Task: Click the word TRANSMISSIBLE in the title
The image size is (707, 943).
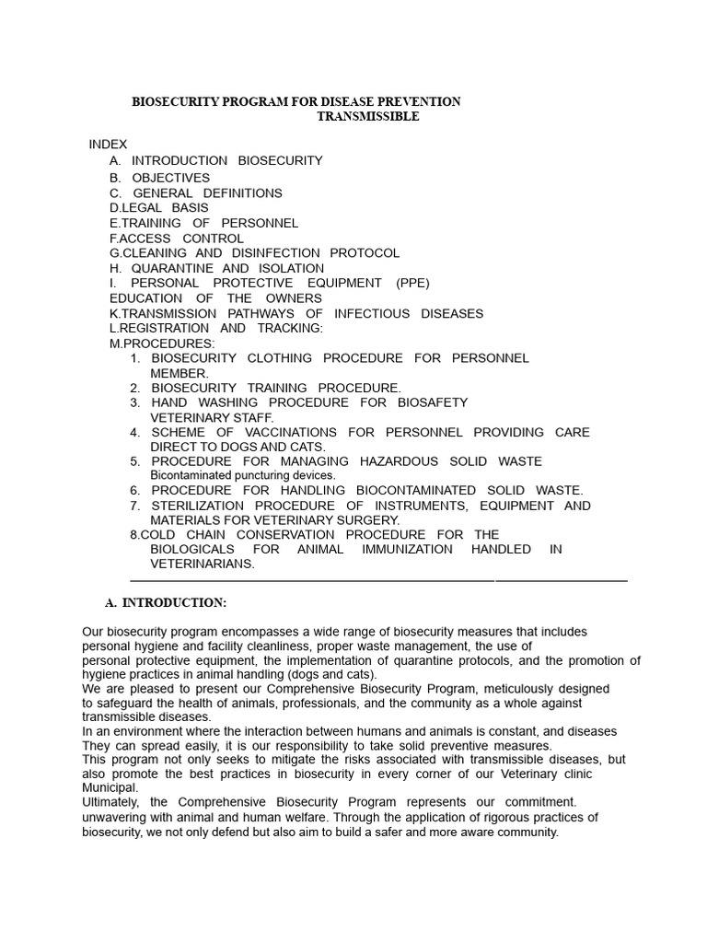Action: point(367,117)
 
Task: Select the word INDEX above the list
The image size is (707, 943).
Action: point(108,145)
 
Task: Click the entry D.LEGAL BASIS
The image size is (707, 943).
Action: point(158,208)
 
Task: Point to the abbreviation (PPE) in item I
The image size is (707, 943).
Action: point(412,283)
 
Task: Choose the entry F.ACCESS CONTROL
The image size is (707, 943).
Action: point(176,239)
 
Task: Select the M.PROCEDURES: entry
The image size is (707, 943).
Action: point(161,343)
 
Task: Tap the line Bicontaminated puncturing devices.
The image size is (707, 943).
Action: point(242,475)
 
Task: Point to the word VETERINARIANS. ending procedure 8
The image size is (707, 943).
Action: point(203,564)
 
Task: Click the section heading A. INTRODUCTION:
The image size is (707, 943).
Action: point(166,603)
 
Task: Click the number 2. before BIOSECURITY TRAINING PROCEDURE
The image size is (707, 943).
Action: point(134,388)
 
